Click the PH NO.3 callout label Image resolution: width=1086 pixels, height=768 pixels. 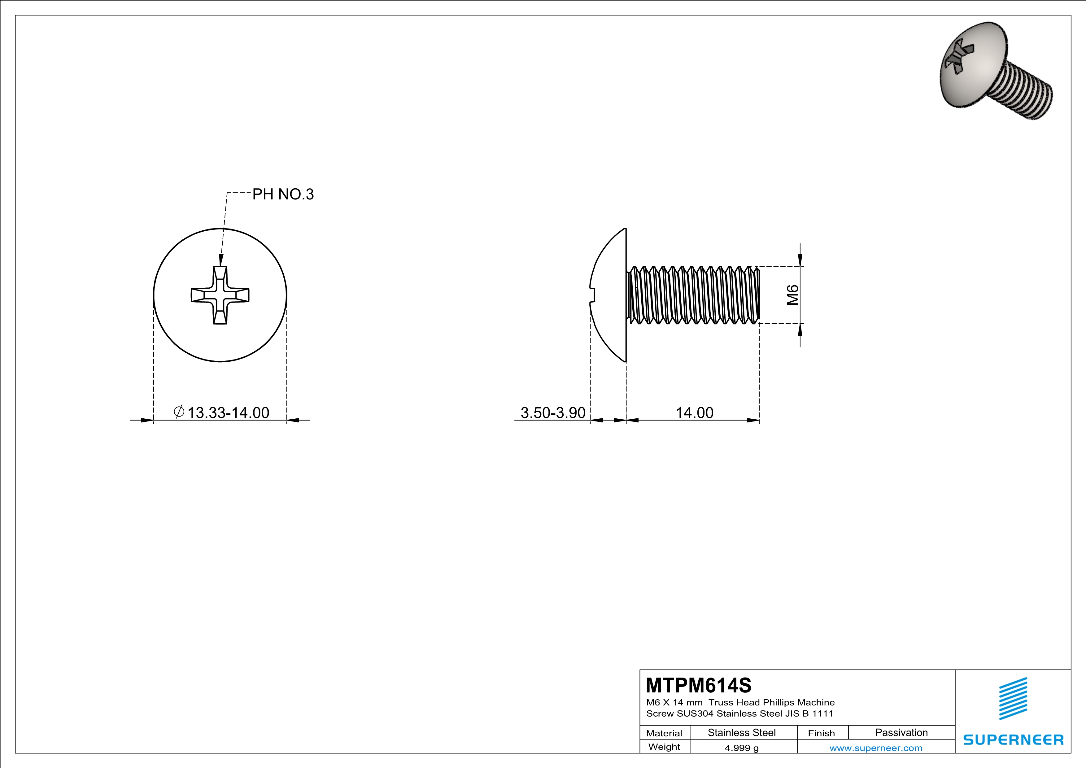(283, 194)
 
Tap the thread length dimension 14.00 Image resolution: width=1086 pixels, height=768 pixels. (694, 413)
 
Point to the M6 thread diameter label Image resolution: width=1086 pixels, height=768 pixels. (793, 295)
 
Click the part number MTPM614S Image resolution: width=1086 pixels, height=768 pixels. (698, 685)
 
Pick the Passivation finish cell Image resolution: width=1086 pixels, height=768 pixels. (901, 732)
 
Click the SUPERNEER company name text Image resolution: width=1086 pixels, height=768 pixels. (1013, 740)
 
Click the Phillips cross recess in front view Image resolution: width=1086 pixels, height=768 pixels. (220, 295)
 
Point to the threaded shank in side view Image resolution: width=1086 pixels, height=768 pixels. (693, 295)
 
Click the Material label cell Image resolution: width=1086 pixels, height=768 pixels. (664, 733)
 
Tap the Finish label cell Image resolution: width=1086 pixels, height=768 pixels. (821, 733)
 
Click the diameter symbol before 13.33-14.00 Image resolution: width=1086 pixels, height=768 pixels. (179, 412)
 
